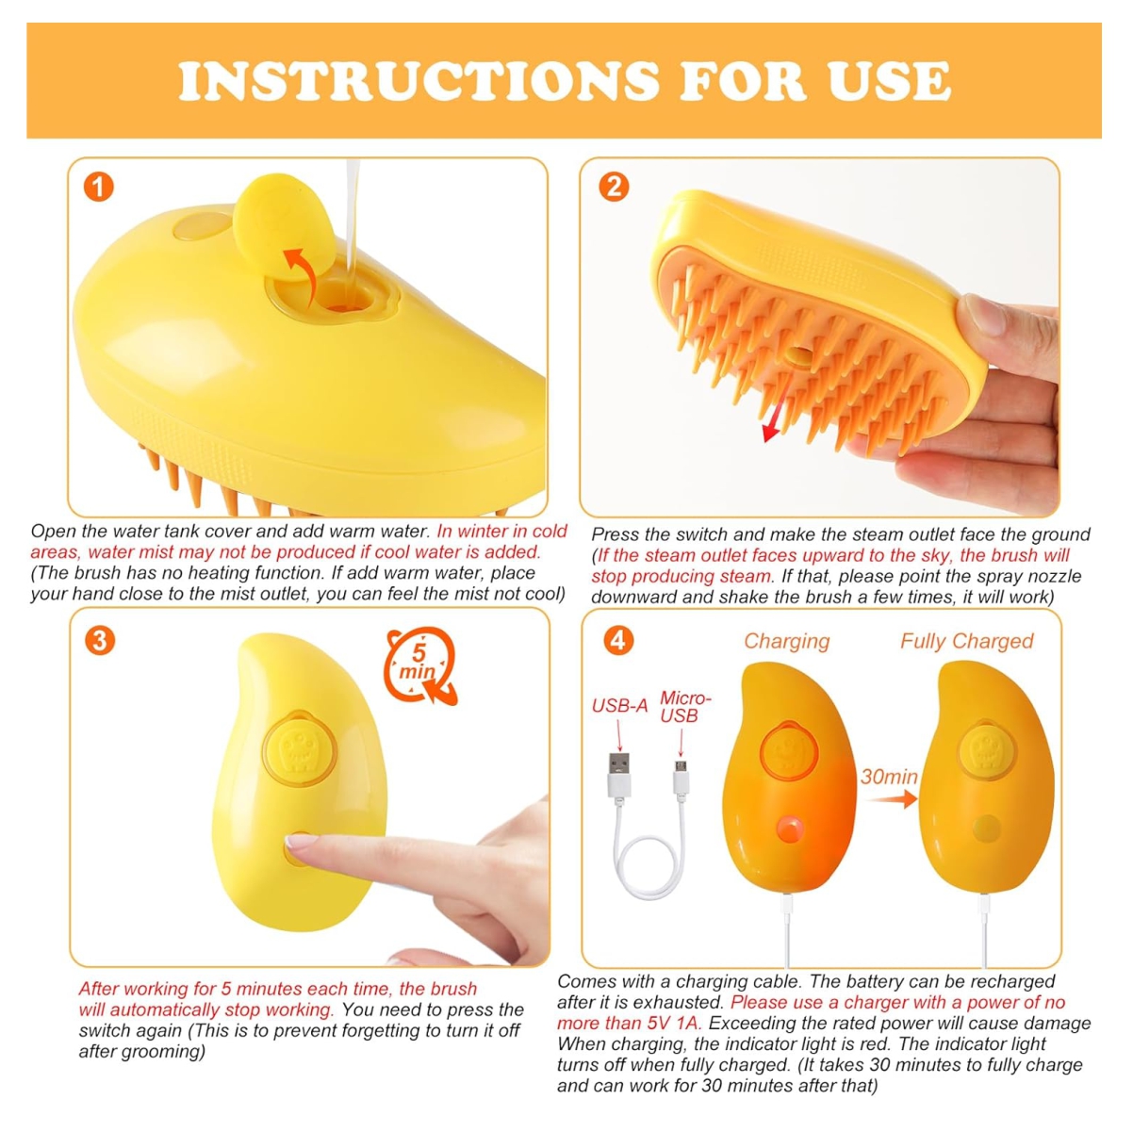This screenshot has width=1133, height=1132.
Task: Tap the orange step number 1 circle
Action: tap(98, 188)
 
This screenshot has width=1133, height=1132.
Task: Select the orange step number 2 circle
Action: tap(614, 187)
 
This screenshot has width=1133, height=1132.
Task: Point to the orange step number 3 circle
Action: tap(99, 640)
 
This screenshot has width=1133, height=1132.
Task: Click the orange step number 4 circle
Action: tap(618, 640)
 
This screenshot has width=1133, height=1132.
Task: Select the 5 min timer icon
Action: tap(419, 666)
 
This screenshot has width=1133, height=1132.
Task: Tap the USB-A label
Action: tap(619, 706)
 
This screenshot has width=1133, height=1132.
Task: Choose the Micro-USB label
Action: tap(685, 707)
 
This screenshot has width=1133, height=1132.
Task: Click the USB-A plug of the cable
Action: tap(619, 775)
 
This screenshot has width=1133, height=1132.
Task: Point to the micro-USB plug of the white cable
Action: tap(681, 779)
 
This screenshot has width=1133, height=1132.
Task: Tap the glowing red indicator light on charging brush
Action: tap(790, 829)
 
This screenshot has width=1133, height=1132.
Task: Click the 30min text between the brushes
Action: tap(889, 777)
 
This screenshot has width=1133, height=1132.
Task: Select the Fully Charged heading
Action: tap(966, 642)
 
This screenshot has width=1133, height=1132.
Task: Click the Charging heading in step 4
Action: tap(787, 642)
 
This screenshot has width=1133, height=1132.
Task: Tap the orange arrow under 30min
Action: tap(892, 798)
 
